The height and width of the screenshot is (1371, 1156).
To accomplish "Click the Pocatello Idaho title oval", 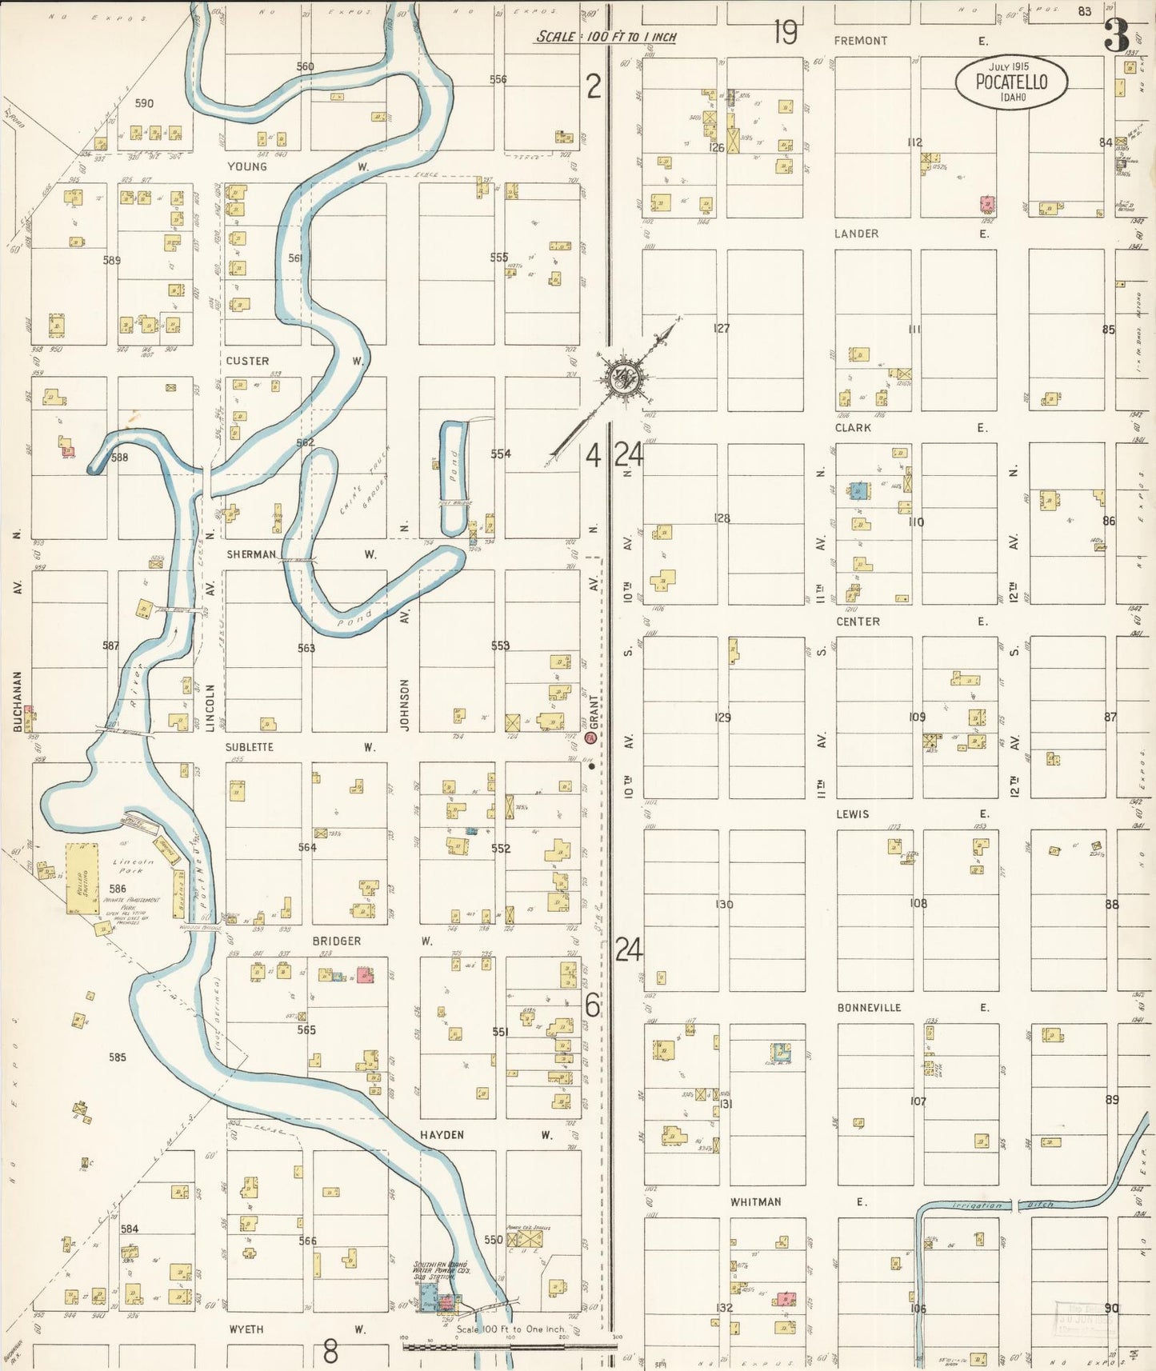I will pyautogui.click(x=1011, y=82).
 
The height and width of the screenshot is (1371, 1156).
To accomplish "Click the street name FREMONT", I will pyautogui.click(x=860, y=41).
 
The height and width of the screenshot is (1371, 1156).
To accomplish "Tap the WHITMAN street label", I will pyautogui.click(x=755, y=1201).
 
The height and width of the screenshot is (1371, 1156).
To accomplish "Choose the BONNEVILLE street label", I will pyautogui.click(x=869, y=1008).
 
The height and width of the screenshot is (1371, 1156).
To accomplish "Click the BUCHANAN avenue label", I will pyautogui.click(x=18, y=701).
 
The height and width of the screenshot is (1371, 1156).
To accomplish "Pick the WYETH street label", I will pyautogui.click(x=246, y=1329).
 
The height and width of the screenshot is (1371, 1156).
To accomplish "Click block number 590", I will pyautogui.click(x=144, y=103).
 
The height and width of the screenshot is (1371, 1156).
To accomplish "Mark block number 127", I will pyautogui.click(x=722, y=328).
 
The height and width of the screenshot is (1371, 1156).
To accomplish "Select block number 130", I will pyautogui.click(x=724, y=904).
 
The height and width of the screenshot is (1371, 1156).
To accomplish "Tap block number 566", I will pyautogui.click(x=307, y=1241).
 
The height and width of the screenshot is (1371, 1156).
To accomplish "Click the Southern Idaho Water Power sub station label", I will pyautogui.click(x=442, y=1270).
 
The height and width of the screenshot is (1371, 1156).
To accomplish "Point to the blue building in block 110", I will pyautogui.click(x=859, y=490).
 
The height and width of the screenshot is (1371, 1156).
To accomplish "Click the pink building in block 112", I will pyautogui.click(x=988, y=204).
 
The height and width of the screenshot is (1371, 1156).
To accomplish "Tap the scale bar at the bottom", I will pyautogui.click(x=510, y=1346).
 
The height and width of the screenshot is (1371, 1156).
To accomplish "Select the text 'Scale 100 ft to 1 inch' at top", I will pyautogui.click(x=606, y=37).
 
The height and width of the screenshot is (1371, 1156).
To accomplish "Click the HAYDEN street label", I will pyautogui.click(x=442, y=1134).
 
